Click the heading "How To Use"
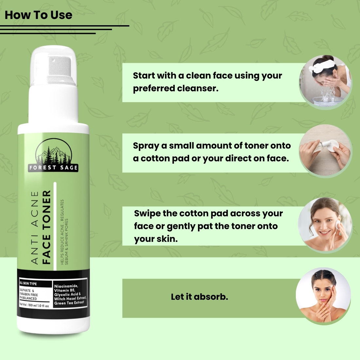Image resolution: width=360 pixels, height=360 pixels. (x=38, y=15)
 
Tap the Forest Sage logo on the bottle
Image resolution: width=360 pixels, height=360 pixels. (x=53, y=155)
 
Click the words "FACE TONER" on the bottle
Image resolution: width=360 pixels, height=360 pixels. (x=46, y=227)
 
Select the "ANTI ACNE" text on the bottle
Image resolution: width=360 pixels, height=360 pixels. (x=34, y=228)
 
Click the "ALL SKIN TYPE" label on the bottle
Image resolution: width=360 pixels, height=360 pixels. (x=28, y=283)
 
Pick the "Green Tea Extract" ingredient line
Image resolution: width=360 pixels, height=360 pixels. (x=69, y=303)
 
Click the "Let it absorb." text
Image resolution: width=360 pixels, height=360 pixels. (x=200, y=297)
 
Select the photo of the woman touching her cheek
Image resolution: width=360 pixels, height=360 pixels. (x=323, y=296)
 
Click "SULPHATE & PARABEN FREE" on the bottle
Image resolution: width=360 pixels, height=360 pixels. (x=29, y=293)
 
